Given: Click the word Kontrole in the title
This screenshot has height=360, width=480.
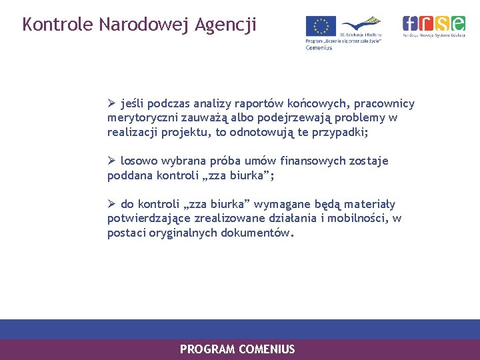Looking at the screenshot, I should [x=57, y=25].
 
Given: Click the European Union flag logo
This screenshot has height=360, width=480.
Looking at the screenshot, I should [x=321, y=27].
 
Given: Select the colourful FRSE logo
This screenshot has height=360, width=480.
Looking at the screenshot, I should [x=434, y=24].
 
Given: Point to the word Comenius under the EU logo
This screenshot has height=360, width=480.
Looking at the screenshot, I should [x=319, y=47].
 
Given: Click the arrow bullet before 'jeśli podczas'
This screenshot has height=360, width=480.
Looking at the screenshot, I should [x=112, y=103].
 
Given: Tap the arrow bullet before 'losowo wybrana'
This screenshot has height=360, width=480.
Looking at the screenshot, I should [x=112, y=161].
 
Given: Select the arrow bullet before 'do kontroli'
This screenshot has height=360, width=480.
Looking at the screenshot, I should [x=112, y=204].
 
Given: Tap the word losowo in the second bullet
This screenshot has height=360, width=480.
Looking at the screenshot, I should [x=137, y=161].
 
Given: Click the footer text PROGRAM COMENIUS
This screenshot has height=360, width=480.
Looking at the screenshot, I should [x=237, y=349].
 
